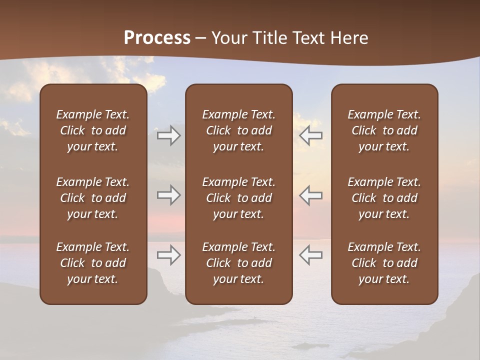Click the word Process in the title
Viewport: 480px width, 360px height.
157,38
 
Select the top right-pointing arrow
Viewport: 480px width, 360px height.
168,135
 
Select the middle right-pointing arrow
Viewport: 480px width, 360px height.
168,195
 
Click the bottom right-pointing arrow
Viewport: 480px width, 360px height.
168,255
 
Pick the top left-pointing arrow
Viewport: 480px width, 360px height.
310,135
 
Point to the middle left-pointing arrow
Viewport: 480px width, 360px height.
310,195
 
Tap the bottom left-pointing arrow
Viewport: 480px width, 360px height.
310,255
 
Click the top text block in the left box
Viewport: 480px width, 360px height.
93,130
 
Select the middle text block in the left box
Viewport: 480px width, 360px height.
93,198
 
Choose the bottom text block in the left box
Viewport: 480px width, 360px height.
93,263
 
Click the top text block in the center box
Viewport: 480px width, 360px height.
238,130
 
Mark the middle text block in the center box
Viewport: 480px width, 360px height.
238,198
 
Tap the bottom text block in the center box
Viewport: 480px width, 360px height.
238,263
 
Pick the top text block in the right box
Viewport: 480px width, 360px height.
384,130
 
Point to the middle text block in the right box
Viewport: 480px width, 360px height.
384,198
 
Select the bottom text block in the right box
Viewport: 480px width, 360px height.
384,263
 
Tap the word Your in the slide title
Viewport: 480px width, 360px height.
229,38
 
